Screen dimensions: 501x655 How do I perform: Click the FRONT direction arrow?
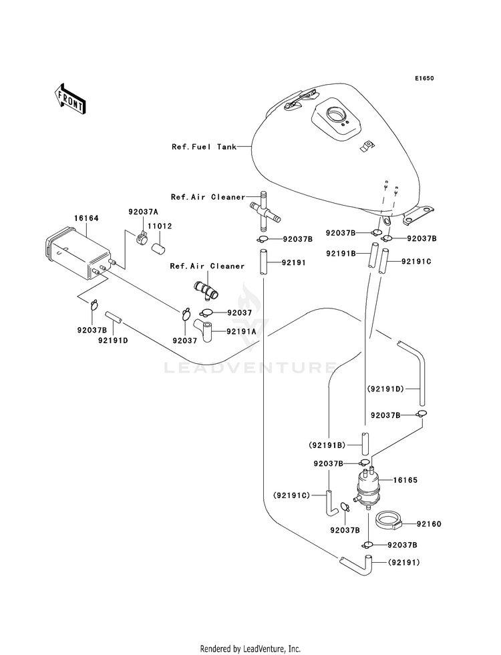click(x=70, y=99)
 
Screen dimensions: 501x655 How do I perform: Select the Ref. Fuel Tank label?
click(x=204, y=147)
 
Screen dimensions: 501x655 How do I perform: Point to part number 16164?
click(x=86, y=218)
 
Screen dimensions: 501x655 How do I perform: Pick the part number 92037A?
click(x=143, y=212)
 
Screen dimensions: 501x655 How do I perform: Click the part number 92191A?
click(x=241, y=332)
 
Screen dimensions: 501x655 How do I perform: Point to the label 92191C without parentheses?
click(x=416, y=262)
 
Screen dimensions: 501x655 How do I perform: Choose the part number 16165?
click(x=405, y=480)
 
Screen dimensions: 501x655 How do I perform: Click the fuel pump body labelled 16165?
click(x=367, y=489)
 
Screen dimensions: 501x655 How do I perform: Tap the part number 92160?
click(x=429, y=524)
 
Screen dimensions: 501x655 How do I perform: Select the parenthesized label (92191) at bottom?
click(x=404, y=562)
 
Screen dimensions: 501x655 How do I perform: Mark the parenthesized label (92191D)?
click(x=385, y=389)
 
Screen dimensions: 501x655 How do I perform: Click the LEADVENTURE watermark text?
click(x=251, y=368)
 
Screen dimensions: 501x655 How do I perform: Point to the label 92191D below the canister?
click(x=113, y=340)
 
